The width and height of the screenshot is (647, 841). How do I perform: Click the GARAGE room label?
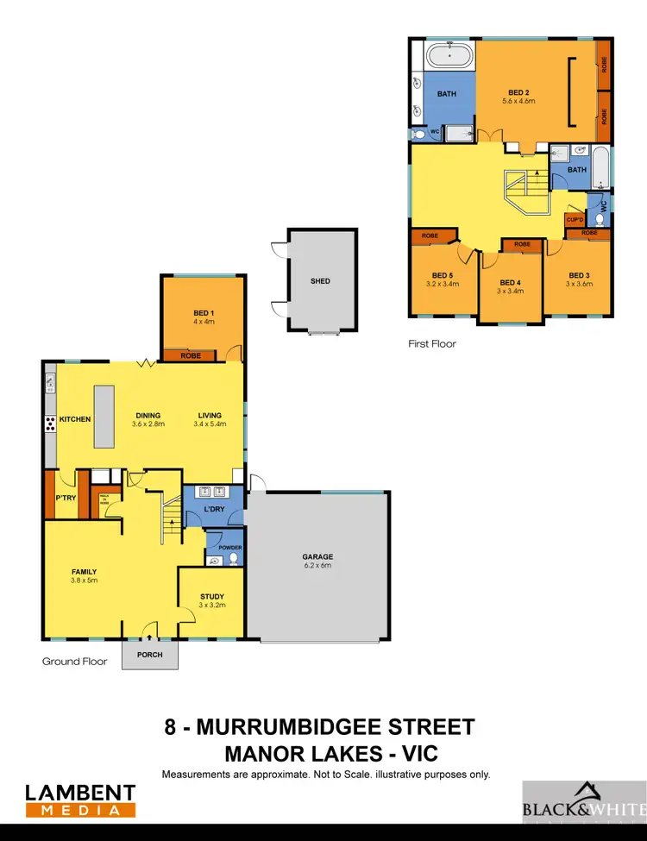(317, 556)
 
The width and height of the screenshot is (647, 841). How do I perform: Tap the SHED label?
(320, 281)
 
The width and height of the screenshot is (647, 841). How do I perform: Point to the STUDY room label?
(211, 596)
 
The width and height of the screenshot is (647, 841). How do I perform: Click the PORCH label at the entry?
(150, 655)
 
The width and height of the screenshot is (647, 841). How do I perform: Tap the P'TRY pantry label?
(66, 499)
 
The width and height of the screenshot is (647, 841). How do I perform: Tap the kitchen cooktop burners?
(51, 423)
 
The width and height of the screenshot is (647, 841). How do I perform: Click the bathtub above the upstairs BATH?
(449, 58)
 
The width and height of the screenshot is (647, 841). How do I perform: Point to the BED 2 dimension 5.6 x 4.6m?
(518, 101)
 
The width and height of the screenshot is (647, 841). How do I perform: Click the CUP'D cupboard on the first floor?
(575, 220)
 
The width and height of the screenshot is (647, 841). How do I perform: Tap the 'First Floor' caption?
(432, 343)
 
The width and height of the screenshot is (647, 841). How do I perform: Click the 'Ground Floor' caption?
(75, 662)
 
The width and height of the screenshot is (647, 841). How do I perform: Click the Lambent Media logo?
(80, 800)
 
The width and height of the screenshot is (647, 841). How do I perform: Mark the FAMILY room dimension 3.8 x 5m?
(85, 581)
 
